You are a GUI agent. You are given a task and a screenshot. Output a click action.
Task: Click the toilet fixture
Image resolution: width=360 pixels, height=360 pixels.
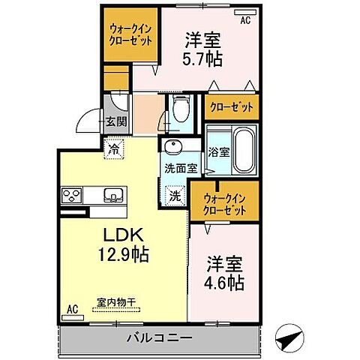179,110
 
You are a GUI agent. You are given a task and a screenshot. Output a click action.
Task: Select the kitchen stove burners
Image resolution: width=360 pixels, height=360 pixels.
73,196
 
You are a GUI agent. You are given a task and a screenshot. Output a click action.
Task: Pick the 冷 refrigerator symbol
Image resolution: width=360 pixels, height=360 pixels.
115,148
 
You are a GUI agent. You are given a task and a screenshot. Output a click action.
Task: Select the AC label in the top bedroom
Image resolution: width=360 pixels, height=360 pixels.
245,21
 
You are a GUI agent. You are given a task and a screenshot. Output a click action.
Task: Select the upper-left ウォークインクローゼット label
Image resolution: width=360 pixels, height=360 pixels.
130,34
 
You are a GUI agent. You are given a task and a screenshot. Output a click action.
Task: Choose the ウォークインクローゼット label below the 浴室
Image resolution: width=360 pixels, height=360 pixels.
225,204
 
